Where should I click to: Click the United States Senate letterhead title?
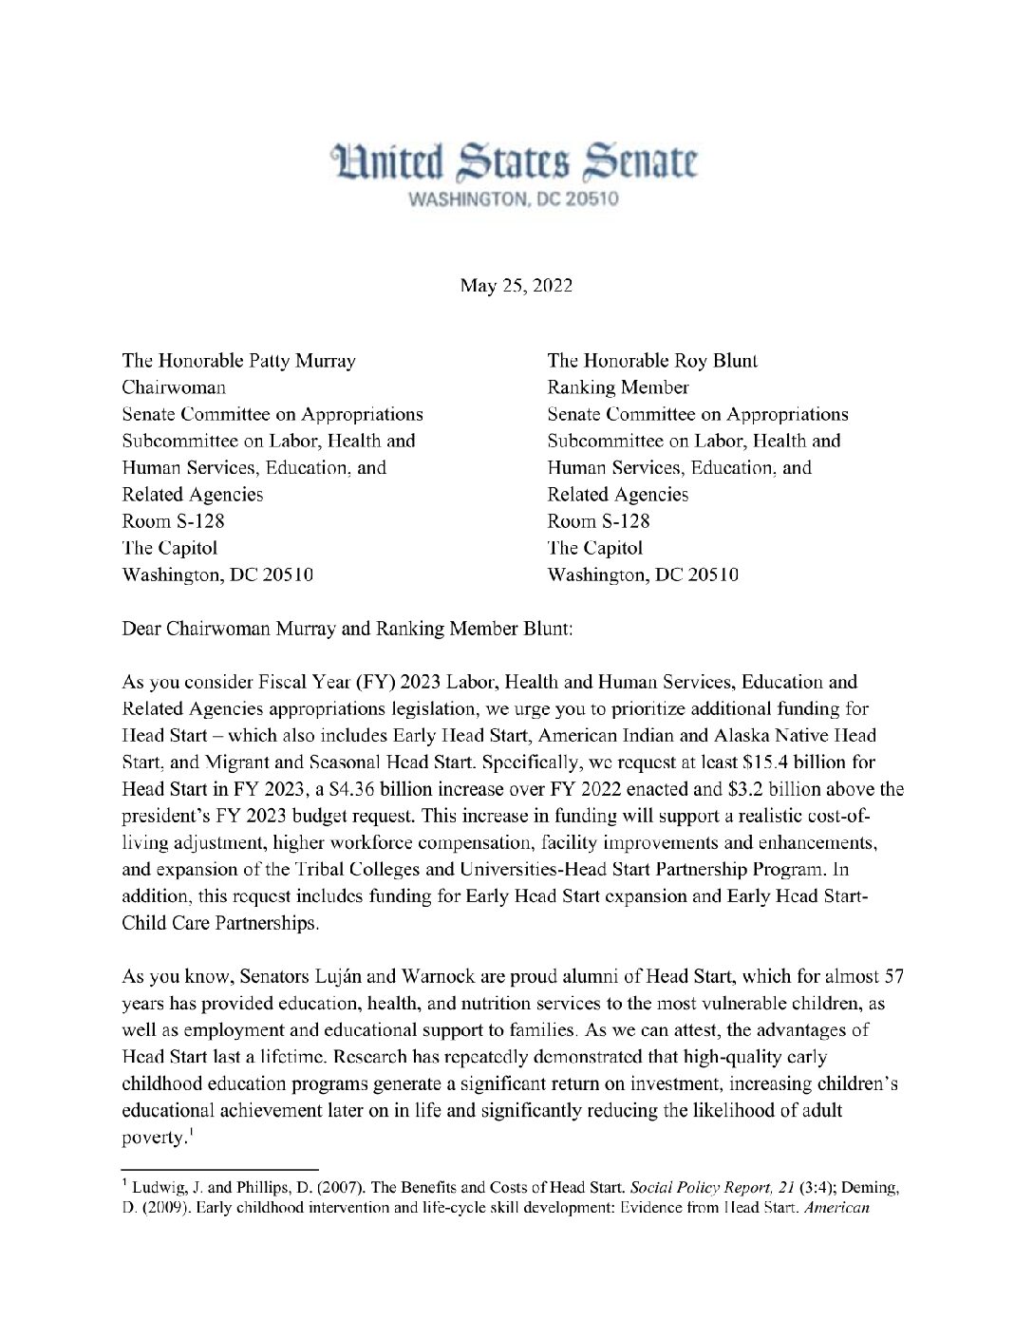[514, 162]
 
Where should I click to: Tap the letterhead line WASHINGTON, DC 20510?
[513, 199]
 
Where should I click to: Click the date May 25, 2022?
[516, 286]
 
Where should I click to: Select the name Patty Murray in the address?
[302, 361]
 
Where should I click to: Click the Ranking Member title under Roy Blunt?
[618, 387]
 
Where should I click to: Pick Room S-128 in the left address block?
[173, 521]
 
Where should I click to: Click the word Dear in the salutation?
[141, 629]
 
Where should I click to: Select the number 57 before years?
[893, 977]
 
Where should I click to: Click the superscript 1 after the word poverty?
[191, 1132]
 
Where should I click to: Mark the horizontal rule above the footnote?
[219, 1169]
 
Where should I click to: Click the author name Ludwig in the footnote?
[157, 1188]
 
